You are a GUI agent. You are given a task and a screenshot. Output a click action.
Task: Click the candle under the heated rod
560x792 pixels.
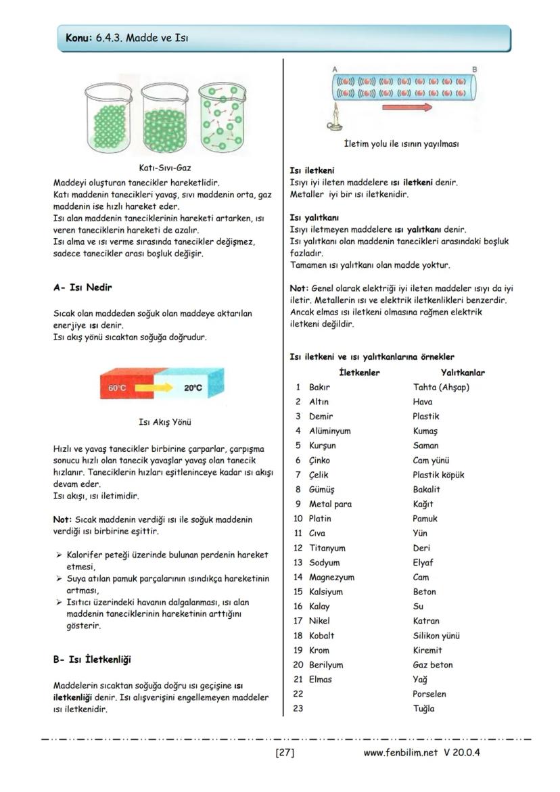[x=333, y=121]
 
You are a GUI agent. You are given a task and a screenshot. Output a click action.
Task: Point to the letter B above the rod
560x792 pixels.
[x=474, y=69]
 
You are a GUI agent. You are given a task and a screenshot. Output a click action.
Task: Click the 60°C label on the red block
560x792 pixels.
[x=118, y=388]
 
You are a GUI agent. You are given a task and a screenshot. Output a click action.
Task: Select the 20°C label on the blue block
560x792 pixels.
[x=193, y=388]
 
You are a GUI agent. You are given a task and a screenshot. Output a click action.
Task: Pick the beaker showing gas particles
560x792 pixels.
[x=222, y=118]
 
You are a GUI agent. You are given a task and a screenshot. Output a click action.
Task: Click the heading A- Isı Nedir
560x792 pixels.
[x=83, y=287]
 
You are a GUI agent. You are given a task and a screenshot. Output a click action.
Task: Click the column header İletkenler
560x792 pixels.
[x=358, y=372]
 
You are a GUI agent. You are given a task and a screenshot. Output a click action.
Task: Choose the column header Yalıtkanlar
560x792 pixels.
[x=463, y=372]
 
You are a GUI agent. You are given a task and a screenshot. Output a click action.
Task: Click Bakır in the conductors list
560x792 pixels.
[x=319, y=387]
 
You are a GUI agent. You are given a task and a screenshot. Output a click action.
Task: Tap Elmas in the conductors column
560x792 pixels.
[x=321, y=679]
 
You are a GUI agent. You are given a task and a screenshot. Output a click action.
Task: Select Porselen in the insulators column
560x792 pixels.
[x=429, y=694]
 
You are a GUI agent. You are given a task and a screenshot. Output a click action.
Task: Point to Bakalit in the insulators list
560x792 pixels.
[x=426, y=489]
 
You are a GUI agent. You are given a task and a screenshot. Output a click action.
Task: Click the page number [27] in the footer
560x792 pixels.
[x=285, y=752]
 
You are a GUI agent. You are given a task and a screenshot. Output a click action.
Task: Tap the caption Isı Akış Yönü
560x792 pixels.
[x=164, y=422]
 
